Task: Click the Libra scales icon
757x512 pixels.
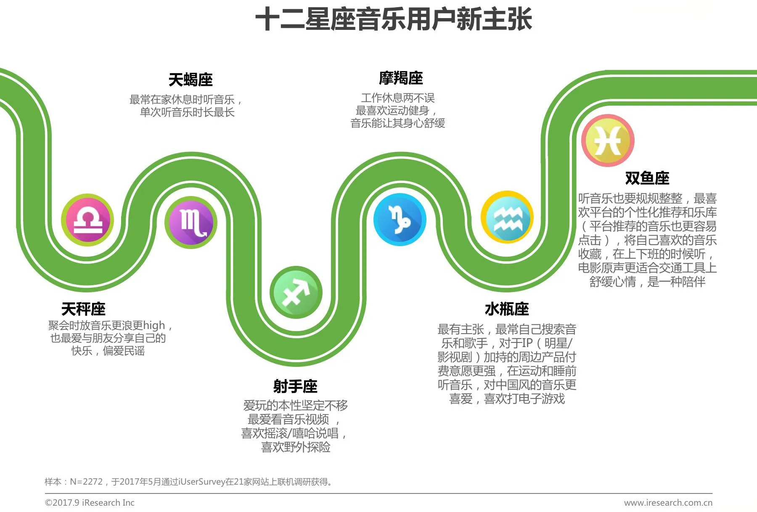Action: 87,220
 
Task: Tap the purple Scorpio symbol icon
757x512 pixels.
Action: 191,222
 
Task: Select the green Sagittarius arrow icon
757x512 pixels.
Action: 296,292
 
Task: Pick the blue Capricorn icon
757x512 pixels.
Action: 400,219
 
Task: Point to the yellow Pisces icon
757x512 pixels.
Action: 608,141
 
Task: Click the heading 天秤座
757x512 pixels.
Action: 83,309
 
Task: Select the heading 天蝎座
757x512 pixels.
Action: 191,80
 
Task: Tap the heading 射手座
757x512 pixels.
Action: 295,386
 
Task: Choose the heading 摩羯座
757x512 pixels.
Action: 401,78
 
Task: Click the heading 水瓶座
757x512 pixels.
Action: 507,309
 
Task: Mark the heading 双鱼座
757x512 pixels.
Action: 647,178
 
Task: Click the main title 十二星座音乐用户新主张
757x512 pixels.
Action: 394,19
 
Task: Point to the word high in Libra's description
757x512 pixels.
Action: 154,326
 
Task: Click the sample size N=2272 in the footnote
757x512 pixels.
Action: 86,482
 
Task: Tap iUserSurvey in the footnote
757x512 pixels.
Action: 201,482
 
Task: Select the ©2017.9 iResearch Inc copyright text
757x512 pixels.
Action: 90,503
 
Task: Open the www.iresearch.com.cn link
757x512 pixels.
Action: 668,503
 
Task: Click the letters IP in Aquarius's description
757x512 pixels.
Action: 526,343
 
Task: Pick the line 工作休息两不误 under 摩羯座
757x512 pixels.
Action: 398,98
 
